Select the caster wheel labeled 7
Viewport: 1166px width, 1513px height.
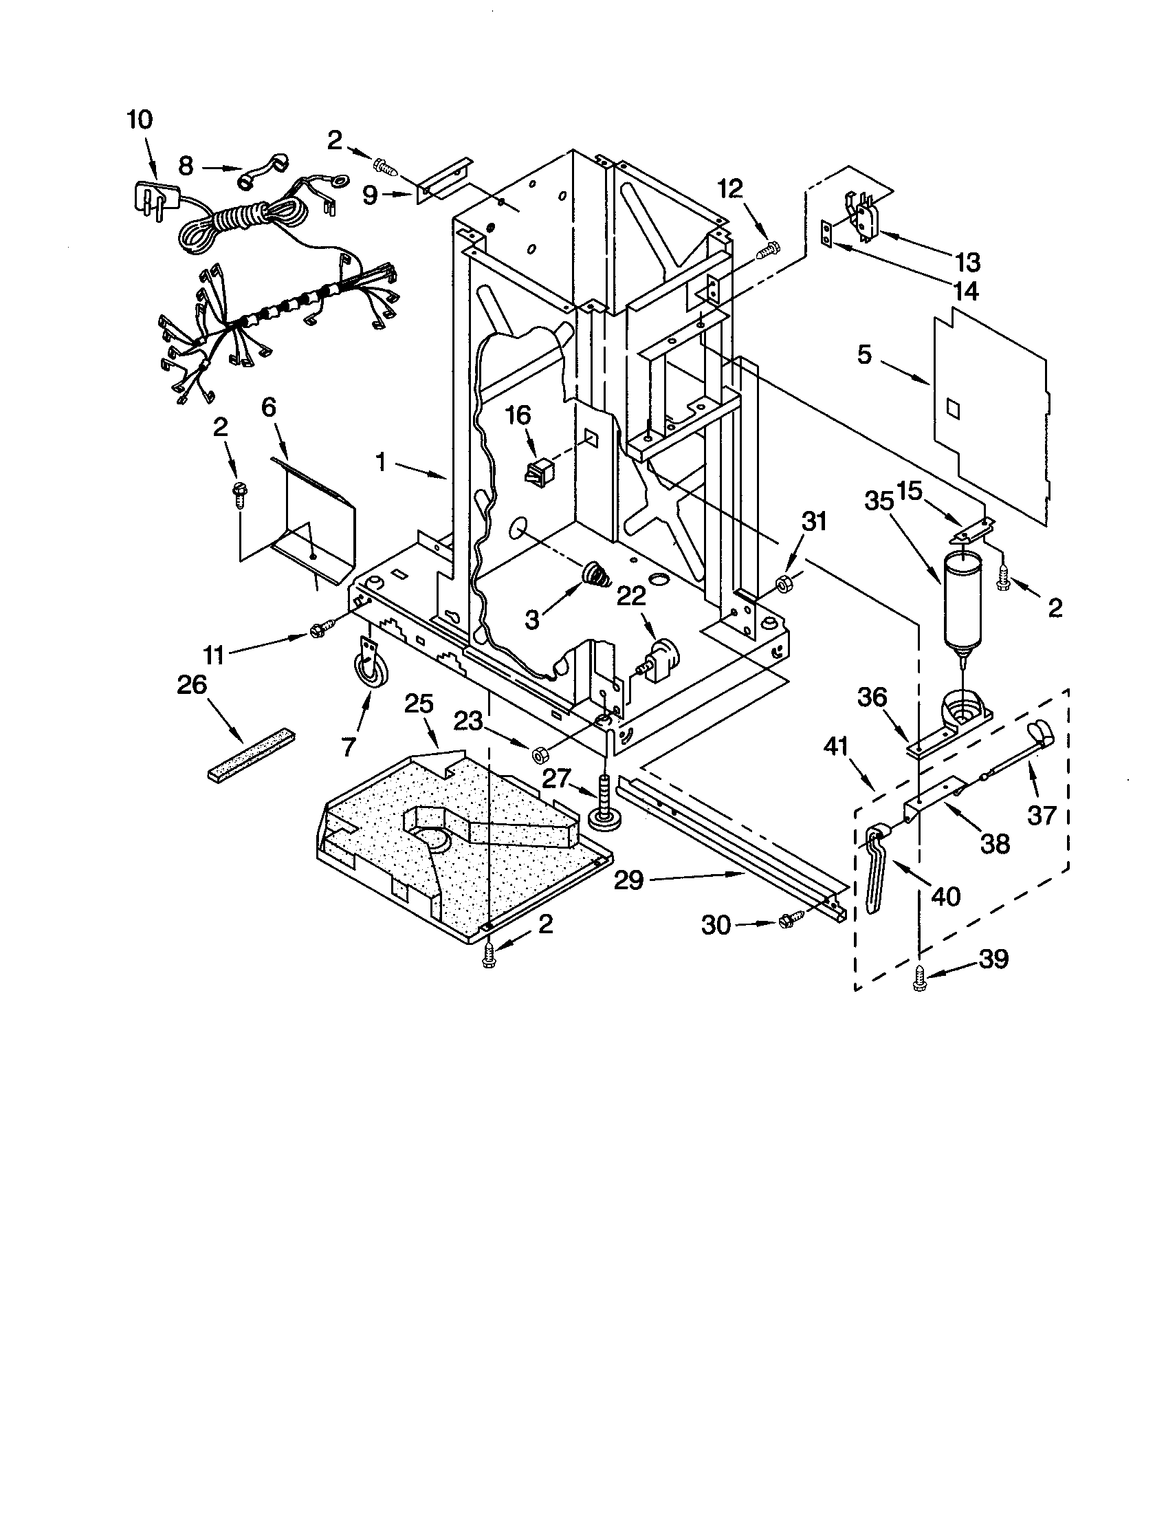[x=371, y=670]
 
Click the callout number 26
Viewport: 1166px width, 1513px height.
[x=192, y=684]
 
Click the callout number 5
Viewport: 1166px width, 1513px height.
[x=864, y=356]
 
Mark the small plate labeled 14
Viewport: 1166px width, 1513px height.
[x=825, y=233]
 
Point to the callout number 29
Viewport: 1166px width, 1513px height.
[x=629, y=881]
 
